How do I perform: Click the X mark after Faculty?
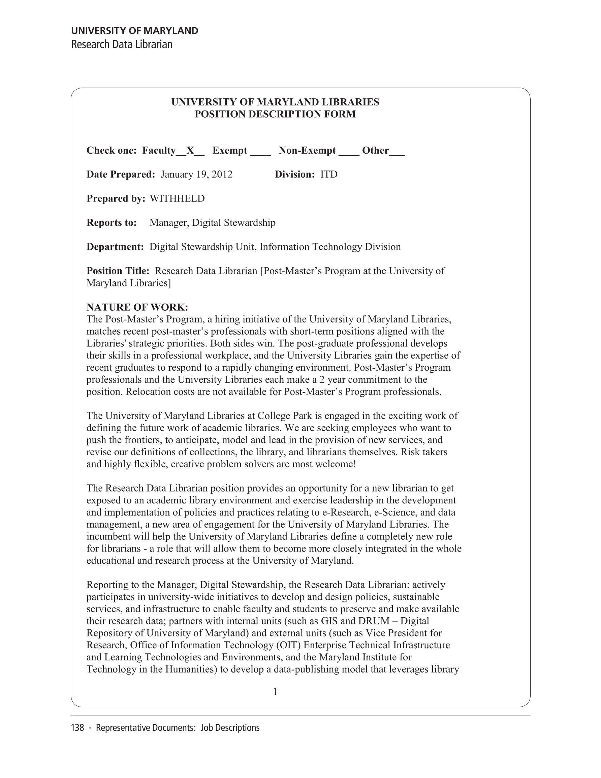[x=190, y=151]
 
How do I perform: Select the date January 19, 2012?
[x=196, y=175]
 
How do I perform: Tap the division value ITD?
[x=329, y=175]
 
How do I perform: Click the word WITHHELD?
[x=177, y=198]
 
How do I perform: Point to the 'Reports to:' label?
[x=112, y=223]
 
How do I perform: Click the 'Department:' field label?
[x=115, y=247]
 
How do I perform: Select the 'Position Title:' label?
[x=118, y=271]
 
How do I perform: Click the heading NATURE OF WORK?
[x=137, y=307]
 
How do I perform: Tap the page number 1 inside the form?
[x=275, y=692]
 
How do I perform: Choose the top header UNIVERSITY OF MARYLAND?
[x=135, y=31]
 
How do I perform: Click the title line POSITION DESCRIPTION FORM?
[x=275, y=114]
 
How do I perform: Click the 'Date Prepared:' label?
[x=121, y=175]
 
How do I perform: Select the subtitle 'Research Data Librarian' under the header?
[x=122, y=44]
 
